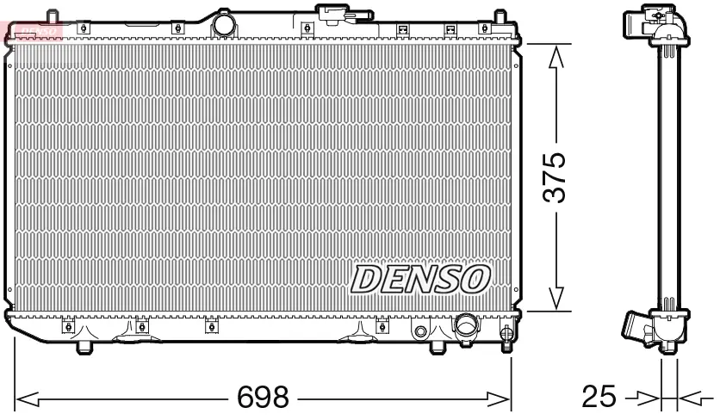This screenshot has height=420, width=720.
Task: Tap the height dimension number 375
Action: [x=556, y=178]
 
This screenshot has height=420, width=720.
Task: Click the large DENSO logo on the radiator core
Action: [x=420, y=278]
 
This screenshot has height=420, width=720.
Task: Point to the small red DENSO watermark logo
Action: [x=33, y=32]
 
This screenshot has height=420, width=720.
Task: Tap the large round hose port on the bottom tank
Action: [x=466, y=326]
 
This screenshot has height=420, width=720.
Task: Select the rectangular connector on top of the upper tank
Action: [x=333, y=12]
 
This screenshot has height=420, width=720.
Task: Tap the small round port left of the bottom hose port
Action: [x=421, y=330]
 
